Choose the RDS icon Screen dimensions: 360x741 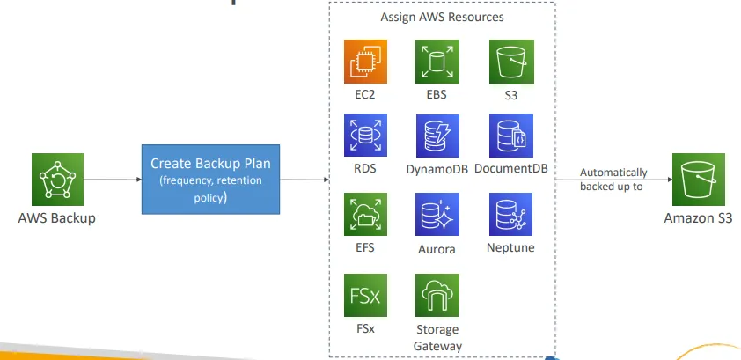[x=365, y=136]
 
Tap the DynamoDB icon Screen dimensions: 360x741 [x=437, y=136]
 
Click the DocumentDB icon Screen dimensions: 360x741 [x=510, y=136]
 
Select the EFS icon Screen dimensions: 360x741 [x=365, y=216]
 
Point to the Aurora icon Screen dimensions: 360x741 [x=437, y=216]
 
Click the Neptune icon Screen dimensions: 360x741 [x=510, y=216]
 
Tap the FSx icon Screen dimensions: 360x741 [x=365, y=296]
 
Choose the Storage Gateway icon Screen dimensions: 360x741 [x=437, y=296]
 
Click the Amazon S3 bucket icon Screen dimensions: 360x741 [x=698, y=179]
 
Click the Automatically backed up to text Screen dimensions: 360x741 [x=613, y=180]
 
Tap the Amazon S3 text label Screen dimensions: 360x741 [x=698, y=217]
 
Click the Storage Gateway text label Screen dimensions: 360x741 [x=437, y=338]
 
